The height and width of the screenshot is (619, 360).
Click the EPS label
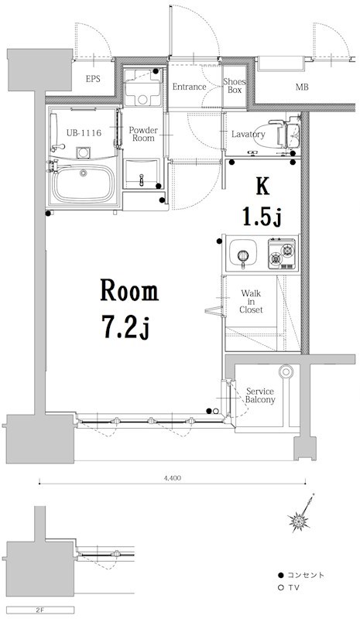point(93,79)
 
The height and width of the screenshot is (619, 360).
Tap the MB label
point(302,87)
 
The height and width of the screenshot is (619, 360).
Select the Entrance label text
point(189,87)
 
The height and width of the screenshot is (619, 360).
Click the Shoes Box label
point(235,86)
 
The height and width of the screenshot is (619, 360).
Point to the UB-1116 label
point(84,133)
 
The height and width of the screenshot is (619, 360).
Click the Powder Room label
point(143,134)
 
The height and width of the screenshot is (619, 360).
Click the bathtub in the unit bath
point(84,183)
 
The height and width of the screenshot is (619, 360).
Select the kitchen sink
point(243,252)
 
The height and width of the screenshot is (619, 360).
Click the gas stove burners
point(282,254)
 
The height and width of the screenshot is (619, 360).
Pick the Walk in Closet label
point(251,302)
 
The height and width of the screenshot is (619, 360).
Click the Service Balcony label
point(260,395)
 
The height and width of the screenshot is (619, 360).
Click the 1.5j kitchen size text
point(262,218)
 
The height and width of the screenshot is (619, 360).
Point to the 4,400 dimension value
point(173,478)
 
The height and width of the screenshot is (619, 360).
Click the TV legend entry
point(288,588)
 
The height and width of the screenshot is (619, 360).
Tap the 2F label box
point(40,610)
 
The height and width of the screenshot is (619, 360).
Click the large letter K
point(262,186)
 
